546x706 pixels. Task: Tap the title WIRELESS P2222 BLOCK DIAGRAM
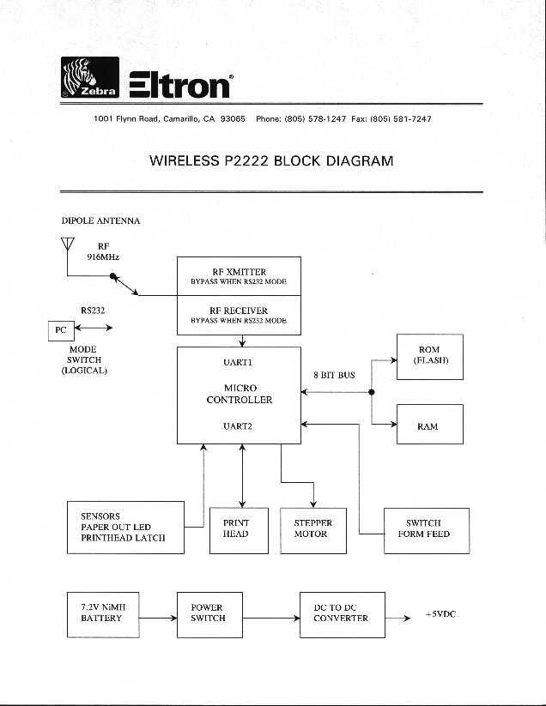[271, 160]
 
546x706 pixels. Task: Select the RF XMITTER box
[239, 276]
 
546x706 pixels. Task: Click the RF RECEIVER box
[239, 315]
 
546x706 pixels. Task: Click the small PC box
[60, 329]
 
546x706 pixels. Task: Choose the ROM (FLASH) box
[429, 355]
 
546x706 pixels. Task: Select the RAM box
[429, 425]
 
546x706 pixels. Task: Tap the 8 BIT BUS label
[335, 375]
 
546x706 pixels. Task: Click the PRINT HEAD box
[235, 529]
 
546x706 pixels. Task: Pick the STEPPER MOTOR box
[312, 529]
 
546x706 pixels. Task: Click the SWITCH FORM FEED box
[424, 529]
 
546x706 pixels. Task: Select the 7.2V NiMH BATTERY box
[104, 612]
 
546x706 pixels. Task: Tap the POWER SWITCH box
[208, 612]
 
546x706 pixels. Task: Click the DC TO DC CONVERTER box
[342, 612]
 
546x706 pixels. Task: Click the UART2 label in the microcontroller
[238, 425]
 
